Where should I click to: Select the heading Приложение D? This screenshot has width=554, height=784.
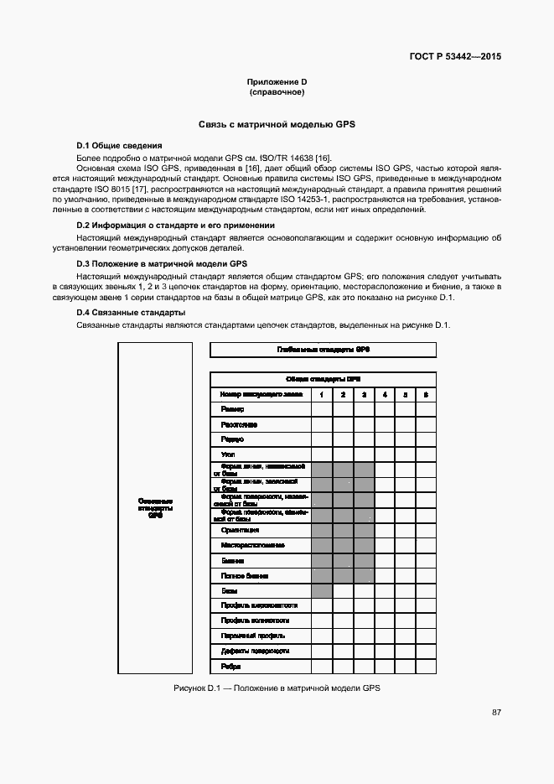pos(277,81)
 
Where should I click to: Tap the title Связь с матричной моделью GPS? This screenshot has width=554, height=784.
pos(277,124)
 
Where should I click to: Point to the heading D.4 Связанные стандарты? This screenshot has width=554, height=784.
pos(131,313)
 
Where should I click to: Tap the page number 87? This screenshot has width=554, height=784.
pos(496,712)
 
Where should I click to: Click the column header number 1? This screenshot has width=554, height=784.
pos(321,394)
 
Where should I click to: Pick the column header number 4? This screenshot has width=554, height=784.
pos(384,394)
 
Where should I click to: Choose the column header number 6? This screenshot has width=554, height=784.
pos(426,394)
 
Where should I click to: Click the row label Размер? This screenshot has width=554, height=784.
pos(233,409)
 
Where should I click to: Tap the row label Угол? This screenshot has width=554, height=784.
pos(228,454)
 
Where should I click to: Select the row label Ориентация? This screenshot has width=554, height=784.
pos(241,530)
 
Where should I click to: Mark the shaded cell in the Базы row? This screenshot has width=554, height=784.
pos(321,590)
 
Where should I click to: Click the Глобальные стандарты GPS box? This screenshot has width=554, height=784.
pos(322,349)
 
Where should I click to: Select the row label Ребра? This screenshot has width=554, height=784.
pos(231,666)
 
